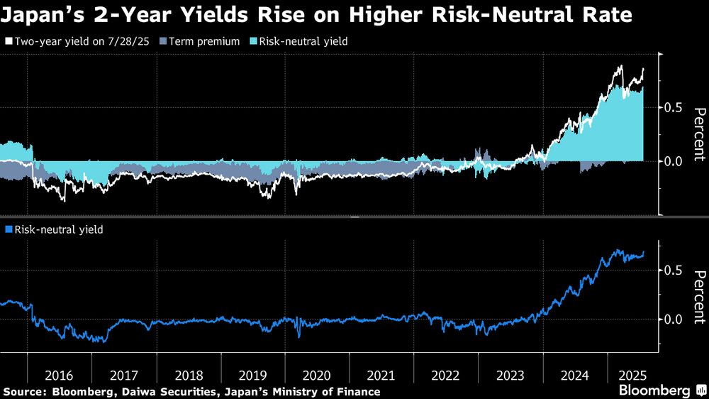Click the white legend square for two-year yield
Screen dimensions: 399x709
8,42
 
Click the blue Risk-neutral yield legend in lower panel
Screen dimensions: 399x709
57,229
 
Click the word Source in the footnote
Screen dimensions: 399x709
22,392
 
